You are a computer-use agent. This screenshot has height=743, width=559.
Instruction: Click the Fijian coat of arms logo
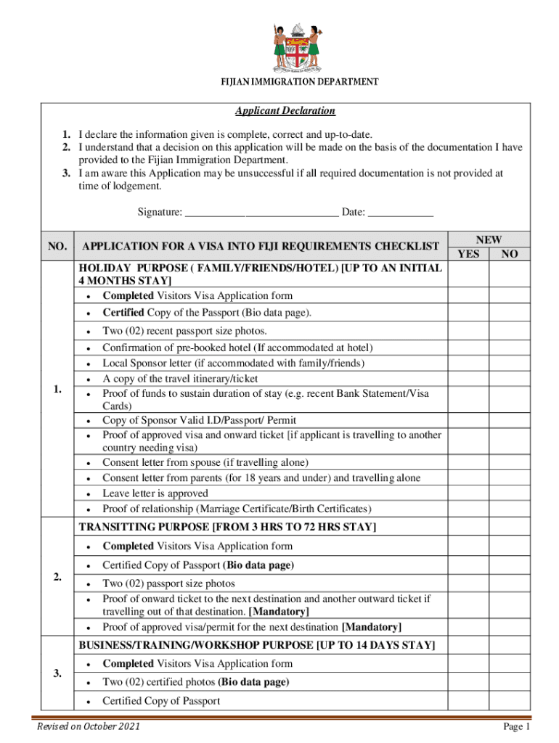[x=296, y=46]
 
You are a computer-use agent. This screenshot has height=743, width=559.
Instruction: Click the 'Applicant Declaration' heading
[x=285, y=111]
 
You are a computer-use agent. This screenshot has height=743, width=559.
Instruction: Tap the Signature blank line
[x=261, y=213]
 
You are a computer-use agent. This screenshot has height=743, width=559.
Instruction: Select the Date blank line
[x=401, y=213]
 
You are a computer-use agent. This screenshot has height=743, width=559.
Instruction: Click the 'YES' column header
[x=469, y=254]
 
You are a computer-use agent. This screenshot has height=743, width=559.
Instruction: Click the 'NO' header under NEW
[x=510, y=254]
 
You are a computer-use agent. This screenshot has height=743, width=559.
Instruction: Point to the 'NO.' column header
[x=57, y=247]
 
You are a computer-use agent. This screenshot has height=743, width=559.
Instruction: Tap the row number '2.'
[x=57, y=577]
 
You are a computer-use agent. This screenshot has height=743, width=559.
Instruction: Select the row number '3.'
[x=57, y=674]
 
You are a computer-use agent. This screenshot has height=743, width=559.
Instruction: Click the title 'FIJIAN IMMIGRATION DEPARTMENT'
[x=299, y=82]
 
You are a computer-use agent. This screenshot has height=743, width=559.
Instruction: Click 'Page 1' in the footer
[x=518, y=726]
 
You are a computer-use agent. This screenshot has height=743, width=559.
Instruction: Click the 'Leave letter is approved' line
[x=155, y=493]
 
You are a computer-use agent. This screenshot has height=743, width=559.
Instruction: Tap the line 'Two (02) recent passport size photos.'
[x=179, y=331]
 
